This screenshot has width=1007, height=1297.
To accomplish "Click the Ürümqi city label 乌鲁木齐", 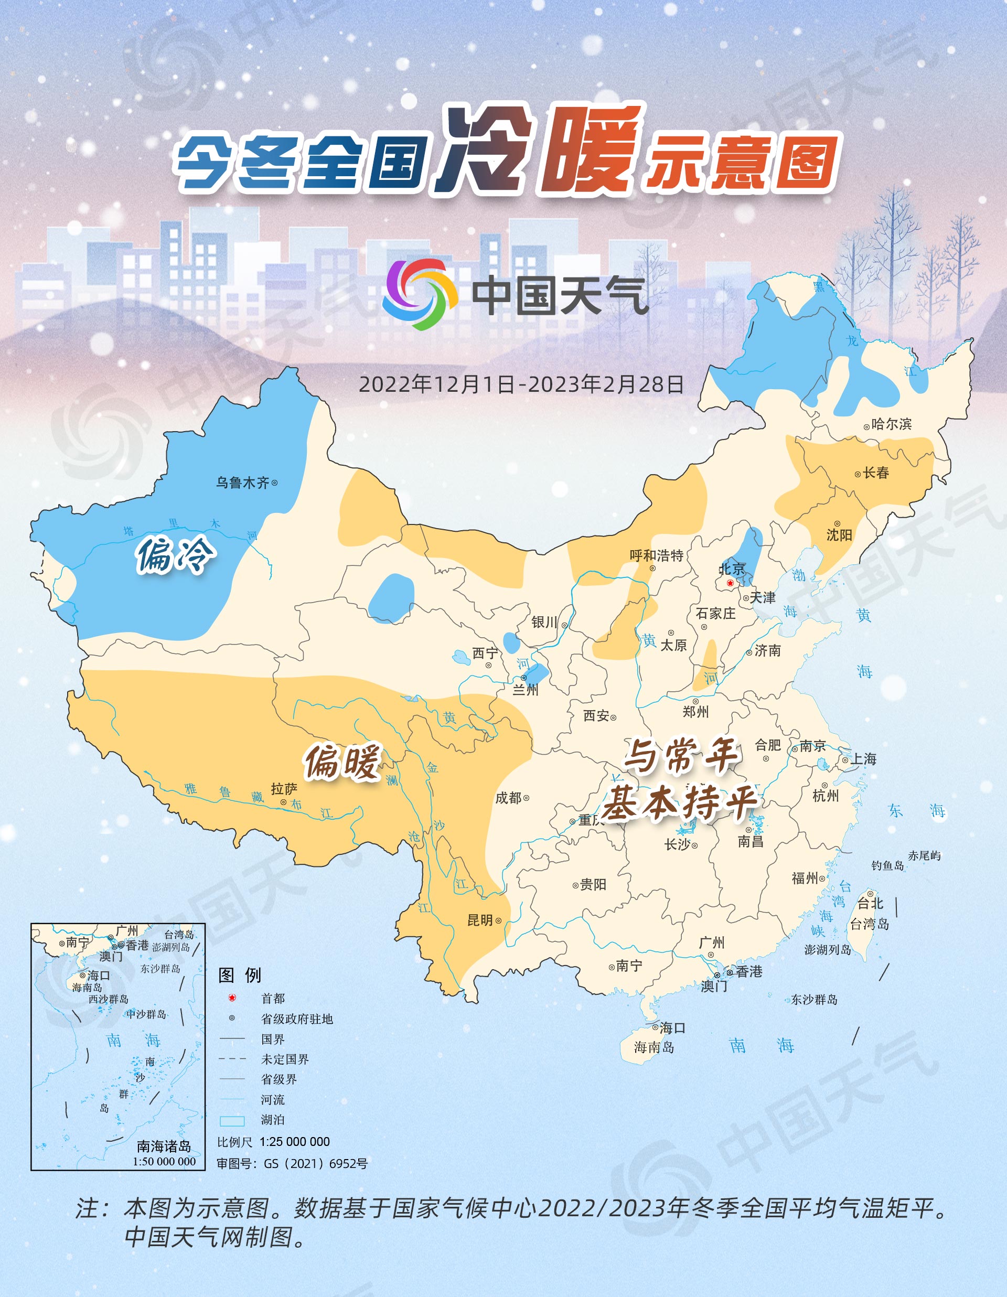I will point(242,482).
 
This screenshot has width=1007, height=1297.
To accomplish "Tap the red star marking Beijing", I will point(730,583).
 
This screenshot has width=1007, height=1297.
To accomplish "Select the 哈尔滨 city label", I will point(891,424).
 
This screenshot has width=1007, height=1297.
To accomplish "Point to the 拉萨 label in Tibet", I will point(284,789).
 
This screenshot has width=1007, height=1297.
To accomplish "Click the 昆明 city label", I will point(480,920).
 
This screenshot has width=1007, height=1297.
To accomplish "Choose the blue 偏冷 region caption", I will point(174,555).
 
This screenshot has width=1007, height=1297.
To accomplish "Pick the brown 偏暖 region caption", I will point(342,762).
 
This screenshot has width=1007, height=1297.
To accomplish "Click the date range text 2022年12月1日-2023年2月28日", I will point(521,384).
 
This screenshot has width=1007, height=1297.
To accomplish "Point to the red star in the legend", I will point(232,998).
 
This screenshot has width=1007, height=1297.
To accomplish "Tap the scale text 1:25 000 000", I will point(295,1141).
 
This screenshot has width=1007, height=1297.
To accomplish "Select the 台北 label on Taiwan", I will point(871,903).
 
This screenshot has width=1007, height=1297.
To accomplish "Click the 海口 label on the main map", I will point(673,1027).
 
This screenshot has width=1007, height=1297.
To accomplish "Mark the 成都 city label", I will point(508,798).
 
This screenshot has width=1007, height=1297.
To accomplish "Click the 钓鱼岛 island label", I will point(887,865).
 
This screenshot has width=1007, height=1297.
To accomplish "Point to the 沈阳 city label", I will point(839,535).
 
